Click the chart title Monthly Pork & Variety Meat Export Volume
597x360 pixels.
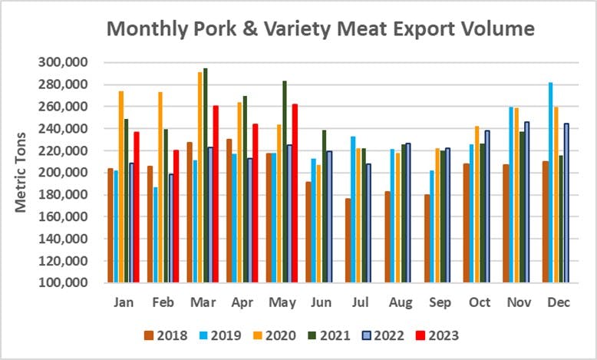pyautogui.click(x=320, y=29)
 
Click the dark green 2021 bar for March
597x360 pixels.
pyautogui.click(x=206, y=177)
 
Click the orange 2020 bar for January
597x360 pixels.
pyautogui.click(x=121, y=187)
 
